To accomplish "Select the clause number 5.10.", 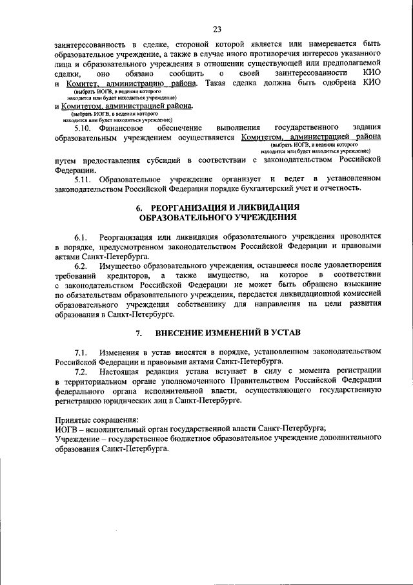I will (85, 128).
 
